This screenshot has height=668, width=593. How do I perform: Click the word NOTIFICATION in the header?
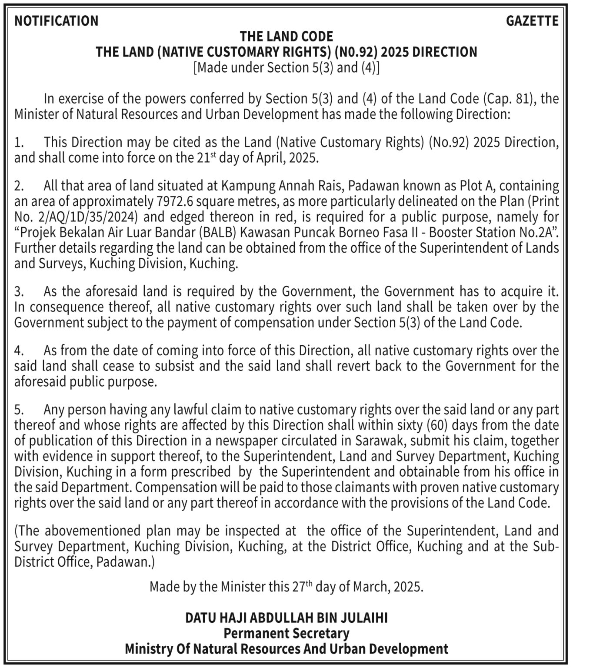(x=57, y=21)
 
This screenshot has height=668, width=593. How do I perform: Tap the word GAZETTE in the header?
(x=532, y=21)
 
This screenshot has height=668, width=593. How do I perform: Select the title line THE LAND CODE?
(x=287, y=36)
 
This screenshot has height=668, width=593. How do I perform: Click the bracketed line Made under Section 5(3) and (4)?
(x=287, y=68)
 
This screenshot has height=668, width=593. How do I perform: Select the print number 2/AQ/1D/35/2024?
(x=87, y=217)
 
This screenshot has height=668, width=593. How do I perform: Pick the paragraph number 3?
(x=18, y=291)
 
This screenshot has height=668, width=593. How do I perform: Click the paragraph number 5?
(x=18, y=410)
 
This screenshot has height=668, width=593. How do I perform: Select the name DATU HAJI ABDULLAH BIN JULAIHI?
(x=287, y=618)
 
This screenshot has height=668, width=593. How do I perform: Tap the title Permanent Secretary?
(x=287, y=634)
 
